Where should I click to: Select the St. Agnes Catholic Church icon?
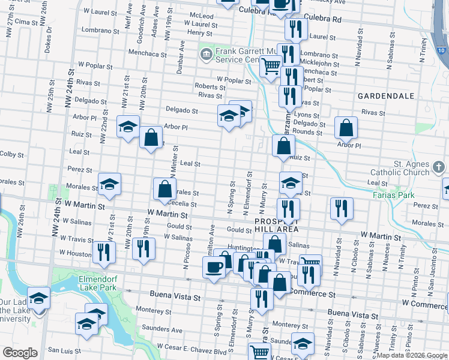(438, 166)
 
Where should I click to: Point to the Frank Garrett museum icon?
(206, 55)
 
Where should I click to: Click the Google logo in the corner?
(19, 353)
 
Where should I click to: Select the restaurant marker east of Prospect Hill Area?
(341, 209)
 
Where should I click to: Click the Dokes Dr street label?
(48, 37)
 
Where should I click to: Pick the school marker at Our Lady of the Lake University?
(39, 299)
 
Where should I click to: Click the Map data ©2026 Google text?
(411, 355)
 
